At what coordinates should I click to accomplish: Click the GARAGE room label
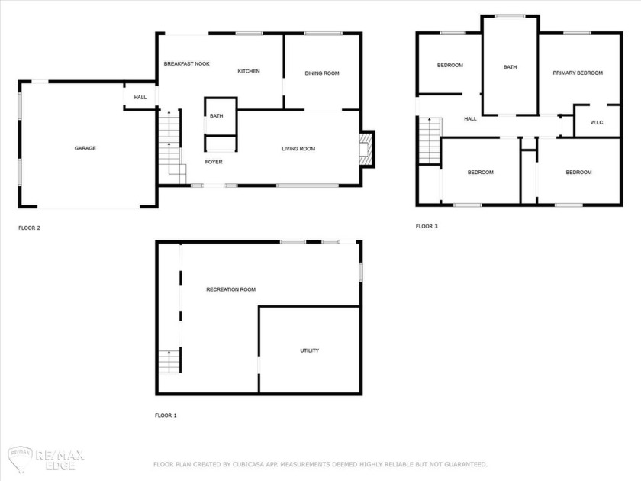pyautogui.click(x=85, y=148)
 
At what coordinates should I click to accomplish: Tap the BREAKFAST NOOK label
pyautogui.click(x=186, y=63)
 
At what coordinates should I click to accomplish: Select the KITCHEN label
pyautogui.click(x=249, y=71)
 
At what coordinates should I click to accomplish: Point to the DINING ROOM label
pyautogui.click(x=321, y=73)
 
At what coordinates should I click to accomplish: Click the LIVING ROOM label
pyautogui.click(x=298, y=149)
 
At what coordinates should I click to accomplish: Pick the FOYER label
pyautogui.click(x=214, y=162)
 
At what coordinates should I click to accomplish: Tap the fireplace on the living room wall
pyautogui.click(x=368, y=148)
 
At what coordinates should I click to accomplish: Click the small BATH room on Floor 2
pyautogui.click(x=217, y=116)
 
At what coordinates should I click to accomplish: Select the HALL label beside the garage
pyautogui.click(x=140, y=98)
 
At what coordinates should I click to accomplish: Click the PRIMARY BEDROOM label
pyautogui.click(x=578, y=73)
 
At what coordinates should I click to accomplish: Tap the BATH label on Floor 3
pyautogui.click(x=510, y=67)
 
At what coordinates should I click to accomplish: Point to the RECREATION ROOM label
pyautogui.click(x=230, y=289)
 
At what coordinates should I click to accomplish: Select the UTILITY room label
pyautogui.click(x=309, y=350)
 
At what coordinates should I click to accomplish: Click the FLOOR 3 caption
pyautogui.click(x=427, y=226)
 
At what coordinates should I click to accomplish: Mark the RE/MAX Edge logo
pyautogui.click(x=46, y=458)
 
